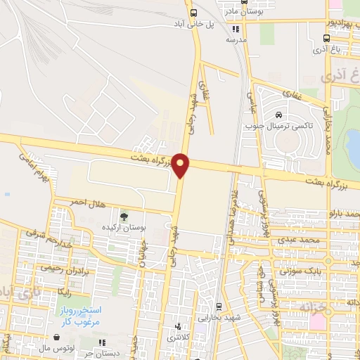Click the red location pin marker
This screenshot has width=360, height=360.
click(x=181, y=165)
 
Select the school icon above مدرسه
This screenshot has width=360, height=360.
click(x=236, y=30)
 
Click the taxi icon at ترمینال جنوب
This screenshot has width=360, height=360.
click(x=279, y=115)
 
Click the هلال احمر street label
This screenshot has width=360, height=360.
click(x=86, y=202)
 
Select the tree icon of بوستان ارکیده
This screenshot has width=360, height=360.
click(x=124, y=216)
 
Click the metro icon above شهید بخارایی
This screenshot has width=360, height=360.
click(x=219, y=307)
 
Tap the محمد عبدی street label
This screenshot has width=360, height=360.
click(x=304, y=240)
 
